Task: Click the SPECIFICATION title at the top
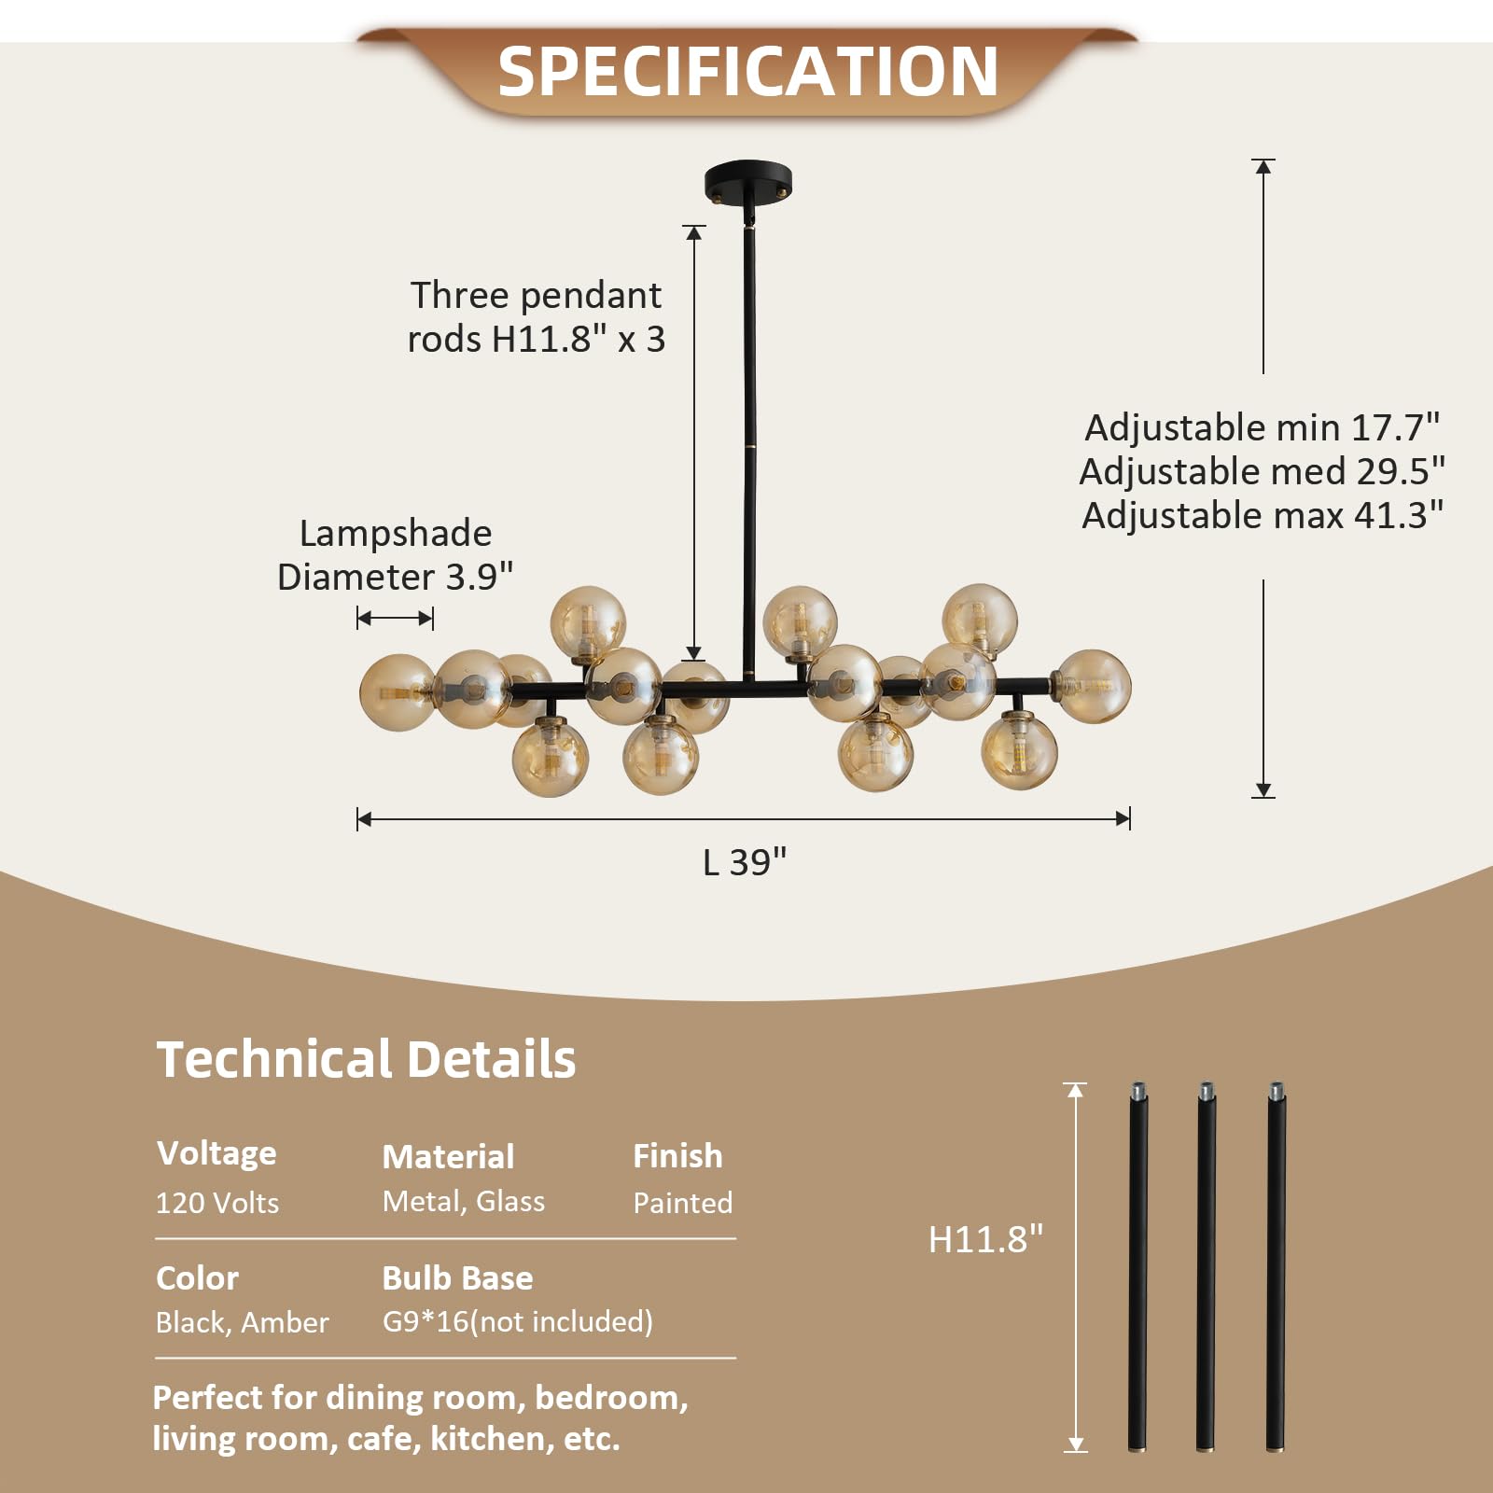[x=747, y=72]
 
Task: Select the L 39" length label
[x=745, y=862]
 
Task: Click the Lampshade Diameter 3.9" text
[x=395, y=555]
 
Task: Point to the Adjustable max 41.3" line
[x=1263, y=515]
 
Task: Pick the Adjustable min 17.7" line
[x=1263, y=427]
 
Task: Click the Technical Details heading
[x=366, y=1059]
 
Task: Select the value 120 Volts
[x=216, y=1203]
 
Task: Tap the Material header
[x=448, y=1156]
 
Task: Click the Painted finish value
[x=682, y=1203]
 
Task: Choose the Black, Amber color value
[x=242, y=1322]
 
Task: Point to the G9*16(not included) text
[x=517, y=1321]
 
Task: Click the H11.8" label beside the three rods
[x=985, y=1239]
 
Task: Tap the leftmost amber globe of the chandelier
[x=397, y=691]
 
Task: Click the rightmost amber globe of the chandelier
[x=1093, y=687]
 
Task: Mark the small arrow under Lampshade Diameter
[x=395, y=618]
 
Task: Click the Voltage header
[x=216, y=1153]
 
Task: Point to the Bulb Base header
[x=457, y=1277]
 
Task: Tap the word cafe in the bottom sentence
[x=384, y=1439]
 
